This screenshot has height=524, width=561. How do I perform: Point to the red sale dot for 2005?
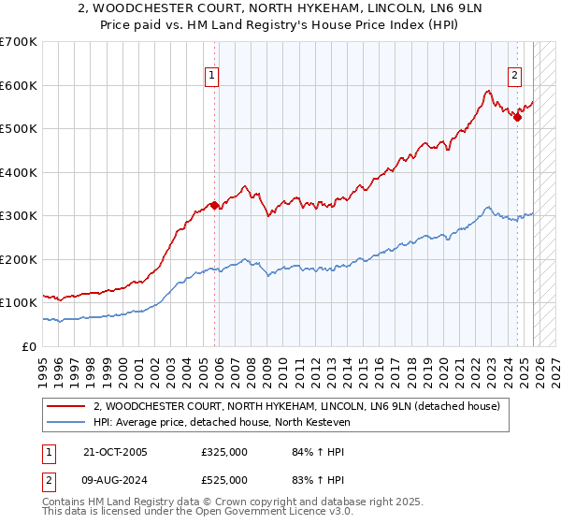point(214,205)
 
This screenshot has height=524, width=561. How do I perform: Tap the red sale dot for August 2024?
point(517,118)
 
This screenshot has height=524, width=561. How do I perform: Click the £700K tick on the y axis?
point(19,42)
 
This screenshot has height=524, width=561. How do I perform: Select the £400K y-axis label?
point(19,172)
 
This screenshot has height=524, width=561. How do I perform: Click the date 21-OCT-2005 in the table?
point(115,452)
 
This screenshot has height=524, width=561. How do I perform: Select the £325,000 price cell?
point(224,452)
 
